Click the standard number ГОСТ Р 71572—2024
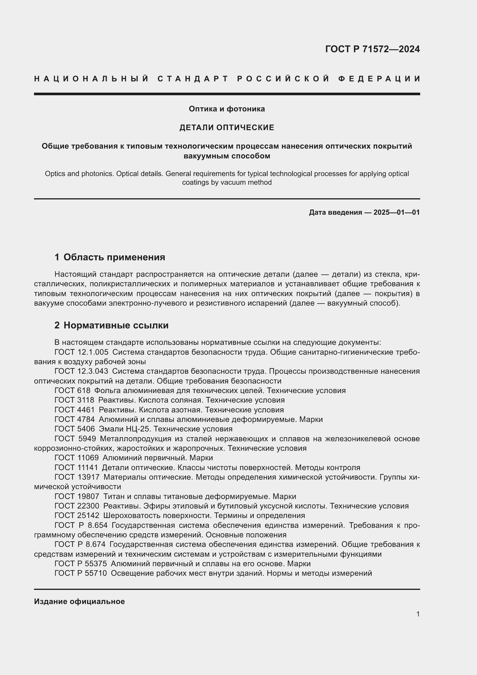[x=372, y=49]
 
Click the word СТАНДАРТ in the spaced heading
[x=193, y=79]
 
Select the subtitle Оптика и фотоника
[x=227, y=109]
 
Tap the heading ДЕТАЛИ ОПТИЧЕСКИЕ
[x=227, y=127]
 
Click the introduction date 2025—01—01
[x=397, y=212]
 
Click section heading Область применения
[x=114, y=257]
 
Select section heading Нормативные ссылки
[x=116, y=325]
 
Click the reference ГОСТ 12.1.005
[x=81, y=352]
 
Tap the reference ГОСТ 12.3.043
[x=81, y=371]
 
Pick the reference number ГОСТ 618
[x=73, y=391]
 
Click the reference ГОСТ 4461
[x=75, y=410]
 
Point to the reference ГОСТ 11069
[x=76, y=458]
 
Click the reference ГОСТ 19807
[x=77, y=497]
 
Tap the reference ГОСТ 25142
[x=77, y=516]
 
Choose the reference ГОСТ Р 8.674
[x=80, y=545]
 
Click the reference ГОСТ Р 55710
[x=80, y=573]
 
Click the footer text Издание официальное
[x=79, y=601]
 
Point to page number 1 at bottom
[x=418, y=614]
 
